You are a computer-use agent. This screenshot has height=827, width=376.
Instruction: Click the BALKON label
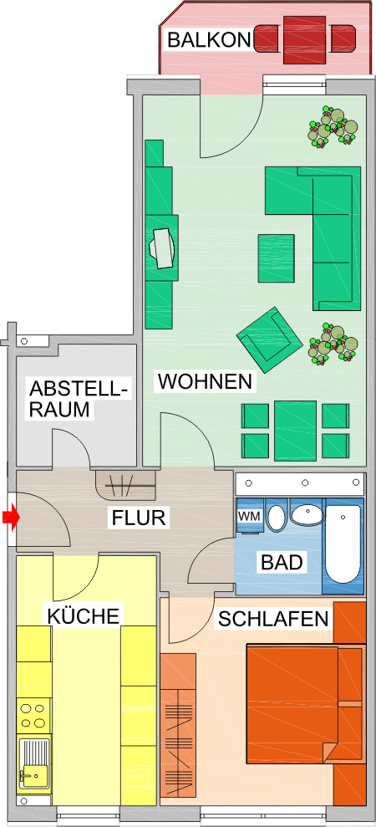coord(208,38)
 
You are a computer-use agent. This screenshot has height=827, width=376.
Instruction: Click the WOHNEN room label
coord(205,382)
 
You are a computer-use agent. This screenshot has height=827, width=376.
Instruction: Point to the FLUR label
coord(139,518)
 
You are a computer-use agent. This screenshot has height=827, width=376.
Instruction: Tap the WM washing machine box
coord(250,517)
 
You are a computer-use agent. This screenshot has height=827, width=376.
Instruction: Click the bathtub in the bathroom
coord(343,544)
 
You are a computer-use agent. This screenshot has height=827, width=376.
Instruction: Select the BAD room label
coord(281,561)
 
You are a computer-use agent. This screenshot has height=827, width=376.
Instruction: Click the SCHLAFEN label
coord(272,619)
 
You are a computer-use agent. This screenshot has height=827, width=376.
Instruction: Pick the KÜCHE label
coord(84,616)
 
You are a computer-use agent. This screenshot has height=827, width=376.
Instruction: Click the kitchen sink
coord(34,764)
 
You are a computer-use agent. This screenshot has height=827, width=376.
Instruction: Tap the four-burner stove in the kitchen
coord(33,717)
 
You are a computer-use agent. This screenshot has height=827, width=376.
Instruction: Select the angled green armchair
coord(270,339)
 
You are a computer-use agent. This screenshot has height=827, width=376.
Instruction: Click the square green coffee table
coord(276,258)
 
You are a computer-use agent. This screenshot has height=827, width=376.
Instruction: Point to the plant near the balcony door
coord(333,128)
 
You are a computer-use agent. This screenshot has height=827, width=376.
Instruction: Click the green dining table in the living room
coord(294,430)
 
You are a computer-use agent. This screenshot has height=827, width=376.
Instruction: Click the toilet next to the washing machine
coord(277,517)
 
